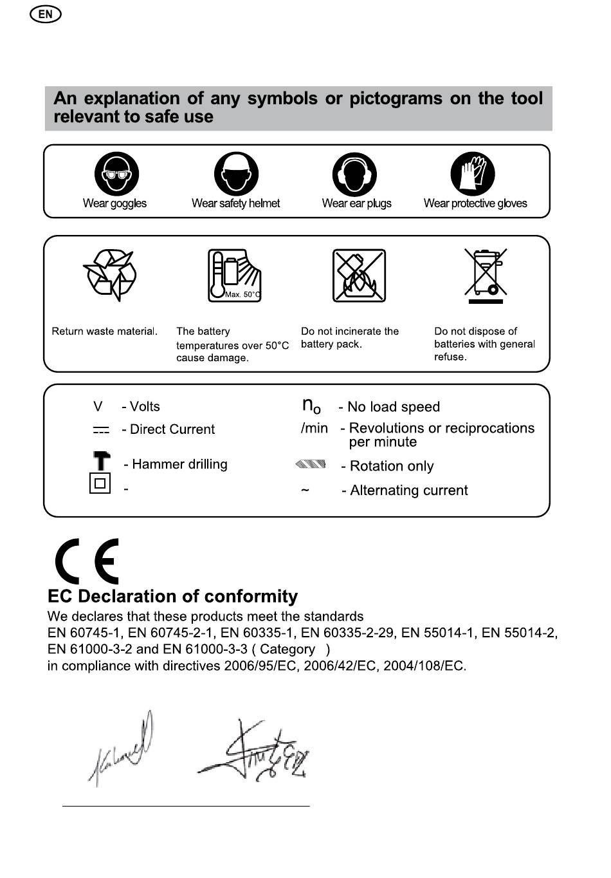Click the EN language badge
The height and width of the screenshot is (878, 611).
[45, 14]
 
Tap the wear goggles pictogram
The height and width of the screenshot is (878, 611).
[116, 174]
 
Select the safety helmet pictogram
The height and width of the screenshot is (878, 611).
[236, 174]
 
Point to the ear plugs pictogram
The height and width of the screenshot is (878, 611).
[354, 174]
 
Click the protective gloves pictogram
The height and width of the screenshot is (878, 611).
[473, 174]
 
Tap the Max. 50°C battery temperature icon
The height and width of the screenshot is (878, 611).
[234, 276]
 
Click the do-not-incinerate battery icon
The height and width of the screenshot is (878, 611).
[359, 276]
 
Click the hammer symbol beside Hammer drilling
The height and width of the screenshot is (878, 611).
[101, 461]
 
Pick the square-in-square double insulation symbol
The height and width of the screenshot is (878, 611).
[100, 483]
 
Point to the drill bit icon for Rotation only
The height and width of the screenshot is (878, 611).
[311, 464]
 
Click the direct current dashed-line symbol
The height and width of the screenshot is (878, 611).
[101, 430]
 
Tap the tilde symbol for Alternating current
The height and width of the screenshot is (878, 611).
[305, 490]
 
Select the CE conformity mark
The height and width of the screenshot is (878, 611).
[87, 561]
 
